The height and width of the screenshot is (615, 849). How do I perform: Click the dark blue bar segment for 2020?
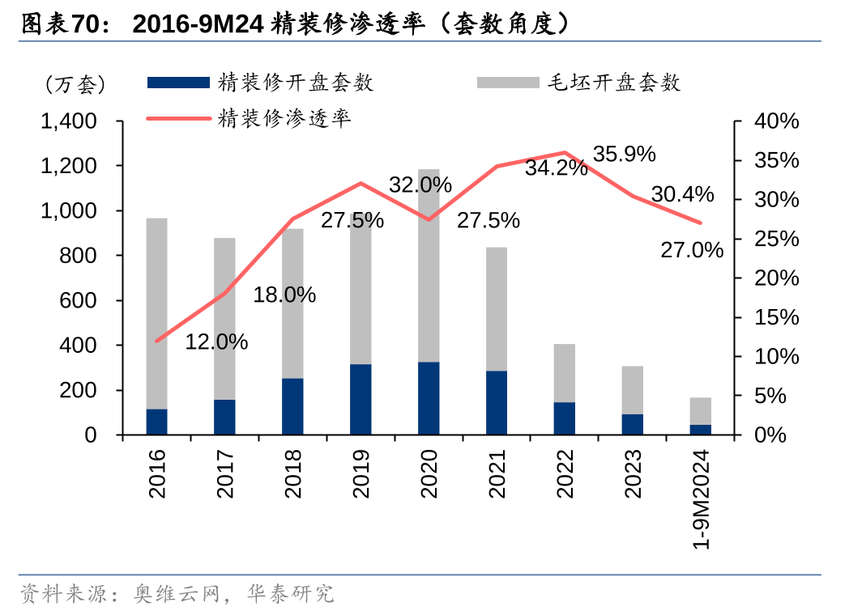[x=429, y=398]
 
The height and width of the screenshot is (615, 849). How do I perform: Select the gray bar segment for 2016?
[x=156, y=313]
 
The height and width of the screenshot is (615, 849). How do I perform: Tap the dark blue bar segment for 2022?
[x=565, y=418]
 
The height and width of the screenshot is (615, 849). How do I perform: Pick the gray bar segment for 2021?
[x=497, y=308]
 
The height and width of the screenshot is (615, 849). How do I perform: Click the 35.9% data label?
[x=624, y=154]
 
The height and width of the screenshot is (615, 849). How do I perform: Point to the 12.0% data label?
[x=216, y=342]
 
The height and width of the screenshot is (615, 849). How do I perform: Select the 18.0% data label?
[x=284, y=295]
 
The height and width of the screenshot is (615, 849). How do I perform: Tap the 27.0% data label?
[x=692, y=250]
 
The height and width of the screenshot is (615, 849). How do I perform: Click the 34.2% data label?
[x=556, y=168]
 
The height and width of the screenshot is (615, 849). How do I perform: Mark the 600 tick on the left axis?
[x=79, y=300]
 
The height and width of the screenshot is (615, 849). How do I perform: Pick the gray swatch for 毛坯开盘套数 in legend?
[x=508, y=82]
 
